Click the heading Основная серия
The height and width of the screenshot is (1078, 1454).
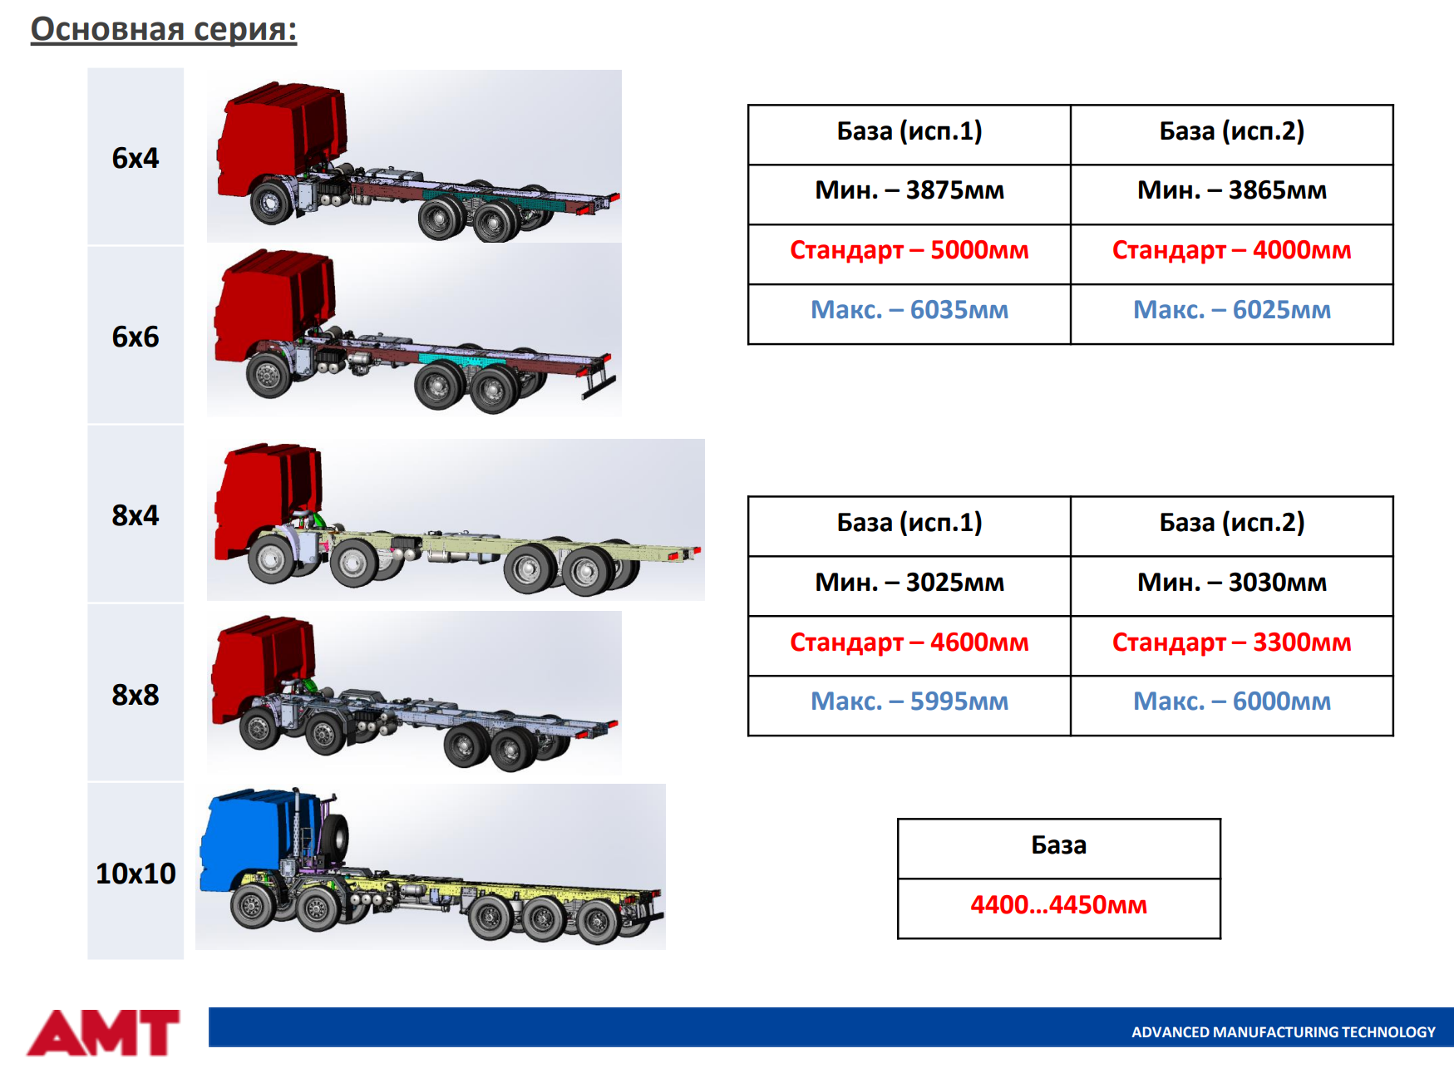164,29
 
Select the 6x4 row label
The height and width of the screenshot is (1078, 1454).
136,158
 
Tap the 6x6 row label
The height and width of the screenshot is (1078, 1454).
136,337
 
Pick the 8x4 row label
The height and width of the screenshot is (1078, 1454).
136,515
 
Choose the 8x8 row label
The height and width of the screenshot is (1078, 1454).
136,695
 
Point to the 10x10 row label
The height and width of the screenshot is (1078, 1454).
136,874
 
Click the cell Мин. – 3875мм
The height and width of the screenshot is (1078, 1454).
909,190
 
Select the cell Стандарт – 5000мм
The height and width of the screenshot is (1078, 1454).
909,250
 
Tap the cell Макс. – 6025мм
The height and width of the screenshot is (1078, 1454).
1232,310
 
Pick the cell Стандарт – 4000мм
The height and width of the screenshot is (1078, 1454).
1232,250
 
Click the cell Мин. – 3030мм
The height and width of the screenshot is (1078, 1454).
1232,583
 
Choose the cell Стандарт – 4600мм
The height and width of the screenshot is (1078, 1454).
909,642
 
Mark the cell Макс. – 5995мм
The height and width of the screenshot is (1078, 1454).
909,701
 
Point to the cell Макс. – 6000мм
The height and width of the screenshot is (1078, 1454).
1232,701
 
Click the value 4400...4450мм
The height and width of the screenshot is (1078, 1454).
1059,905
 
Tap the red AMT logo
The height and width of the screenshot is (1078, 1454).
104,1033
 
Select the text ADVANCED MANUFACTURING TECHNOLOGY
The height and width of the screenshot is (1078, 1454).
1284,1032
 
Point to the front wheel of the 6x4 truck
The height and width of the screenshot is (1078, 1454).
272,201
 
